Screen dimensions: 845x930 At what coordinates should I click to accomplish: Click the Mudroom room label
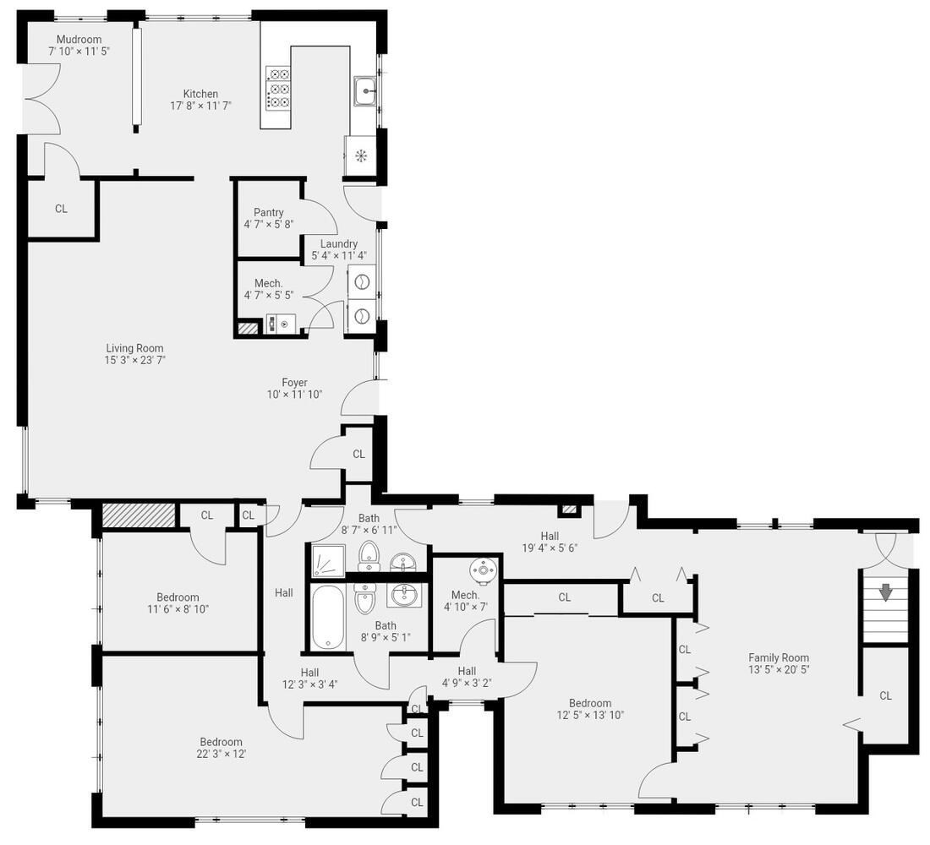[x=79, y=40]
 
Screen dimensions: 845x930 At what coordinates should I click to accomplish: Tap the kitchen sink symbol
[x=366, y=89]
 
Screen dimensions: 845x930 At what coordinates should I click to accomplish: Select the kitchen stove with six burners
[x=278, y=88]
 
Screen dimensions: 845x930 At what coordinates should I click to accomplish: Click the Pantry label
[x=268, y=213]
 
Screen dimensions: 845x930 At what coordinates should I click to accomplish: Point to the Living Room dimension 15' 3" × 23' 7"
[x=134, y=360]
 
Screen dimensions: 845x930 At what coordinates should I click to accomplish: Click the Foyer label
[x=294, y=383]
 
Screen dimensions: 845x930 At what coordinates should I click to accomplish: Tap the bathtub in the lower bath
[x=326, y=618]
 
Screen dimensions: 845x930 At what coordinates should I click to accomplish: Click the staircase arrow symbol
[x=885, y=593]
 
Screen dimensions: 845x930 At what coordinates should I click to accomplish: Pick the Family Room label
[x=778, y=657]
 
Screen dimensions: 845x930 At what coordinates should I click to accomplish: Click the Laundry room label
[x=338, y=244]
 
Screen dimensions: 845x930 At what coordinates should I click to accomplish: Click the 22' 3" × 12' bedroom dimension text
[x=222, y=754]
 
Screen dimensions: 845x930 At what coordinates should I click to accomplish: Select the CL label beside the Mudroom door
[x=61, y=209]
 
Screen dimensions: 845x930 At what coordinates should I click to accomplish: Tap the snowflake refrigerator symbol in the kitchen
[x=360, y=155]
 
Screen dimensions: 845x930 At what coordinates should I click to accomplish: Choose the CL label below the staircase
[x=885, y=696]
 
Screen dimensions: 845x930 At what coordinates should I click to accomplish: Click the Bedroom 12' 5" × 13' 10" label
[x=589, y=703]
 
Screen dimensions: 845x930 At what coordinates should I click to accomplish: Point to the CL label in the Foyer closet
[x=358, y=455]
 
